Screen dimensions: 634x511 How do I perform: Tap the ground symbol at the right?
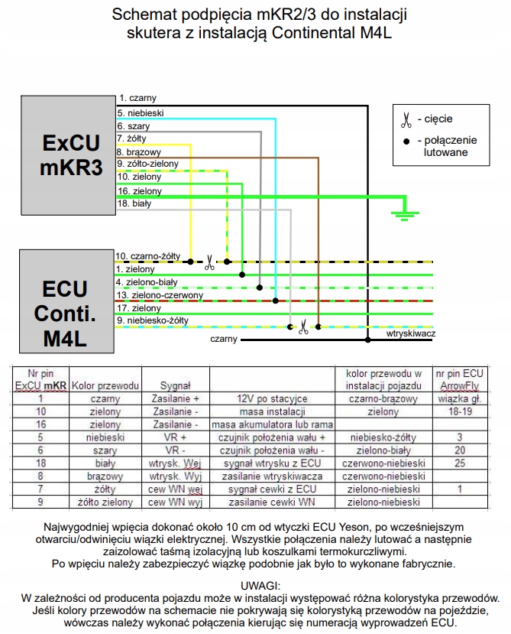(x=399, y=214)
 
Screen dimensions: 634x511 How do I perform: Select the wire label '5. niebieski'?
(x=140, y=112)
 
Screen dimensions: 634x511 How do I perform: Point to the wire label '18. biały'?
(x=134, y=203)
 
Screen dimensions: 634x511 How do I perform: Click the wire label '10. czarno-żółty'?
(x=147, y=255)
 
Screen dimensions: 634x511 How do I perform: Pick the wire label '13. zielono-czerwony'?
(x=159, y=294)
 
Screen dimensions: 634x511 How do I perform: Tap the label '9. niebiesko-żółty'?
(x=152, y=320)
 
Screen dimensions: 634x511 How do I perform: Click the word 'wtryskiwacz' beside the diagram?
(x=410, y=334)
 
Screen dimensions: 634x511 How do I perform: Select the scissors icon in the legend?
(x=406, y=119)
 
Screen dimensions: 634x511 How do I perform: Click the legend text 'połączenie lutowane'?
(x=446, y=146)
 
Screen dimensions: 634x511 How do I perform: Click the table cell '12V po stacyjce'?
(x=272, y=398)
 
